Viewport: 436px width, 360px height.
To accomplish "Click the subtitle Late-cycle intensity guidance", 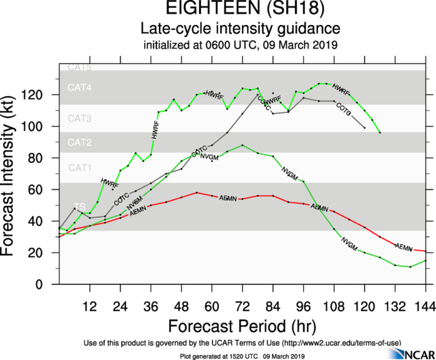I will [x=240, y=29].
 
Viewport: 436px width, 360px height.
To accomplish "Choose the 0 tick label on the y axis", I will [x=49, y=284].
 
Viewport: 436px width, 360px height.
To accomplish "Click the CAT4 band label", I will [x=80, y=89].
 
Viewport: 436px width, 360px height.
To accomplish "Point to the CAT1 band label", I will [x=80, y=167].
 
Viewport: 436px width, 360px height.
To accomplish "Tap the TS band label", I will [x=80, y=207].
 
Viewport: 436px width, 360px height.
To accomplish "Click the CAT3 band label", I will [x=80, y=119].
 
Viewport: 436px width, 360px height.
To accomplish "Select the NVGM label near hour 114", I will [x=349, y=245].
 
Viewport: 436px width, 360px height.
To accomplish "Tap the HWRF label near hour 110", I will [x=341, y=88].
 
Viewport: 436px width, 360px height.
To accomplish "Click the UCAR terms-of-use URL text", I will [x=329, y=344].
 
